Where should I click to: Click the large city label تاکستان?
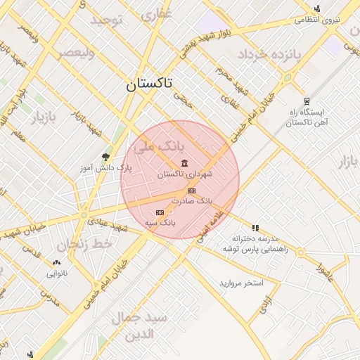click(x=150, y=86)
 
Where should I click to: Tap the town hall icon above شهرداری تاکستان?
click(x=184, y=164)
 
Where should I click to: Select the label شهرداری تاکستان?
click(x=185, y=174)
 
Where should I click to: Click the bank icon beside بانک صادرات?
click(x=191, y=191)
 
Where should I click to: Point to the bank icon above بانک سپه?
click(x=160, y=212)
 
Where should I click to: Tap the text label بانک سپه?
click(x=160, y=222)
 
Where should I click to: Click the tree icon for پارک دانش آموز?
click(x=106, y=157)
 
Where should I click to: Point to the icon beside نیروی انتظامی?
click(x=318, y=9)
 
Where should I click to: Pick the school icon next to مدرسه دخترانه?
click(x=255, y=228)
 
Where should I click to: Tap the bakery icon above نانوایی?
click(x=56, y=262)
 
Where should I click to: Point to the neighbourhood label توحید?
click(x=106, y=20)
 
